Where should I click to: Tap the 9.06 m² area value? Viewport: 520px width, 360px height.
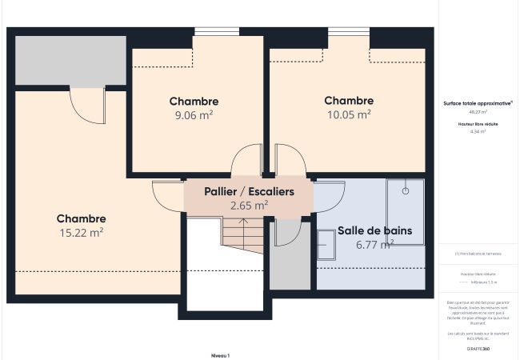(x=194, y=115)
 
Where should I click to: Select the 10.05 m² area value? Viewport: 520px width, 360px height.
(x=348, y=114)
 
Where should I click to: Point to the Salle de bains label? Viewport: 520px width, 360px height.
(x=374, y=230)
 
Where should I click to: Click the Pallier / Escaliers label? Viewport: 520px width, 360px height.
(x=249, y=192)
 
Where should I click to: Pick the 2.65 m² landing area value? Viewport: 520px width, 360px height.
(x=249, y=206)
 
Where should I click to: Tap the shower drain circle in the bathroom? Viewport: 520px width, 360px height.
(x=406, y=191)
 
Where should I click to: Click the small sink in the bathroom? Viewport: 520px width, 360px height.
(x=326, y=240)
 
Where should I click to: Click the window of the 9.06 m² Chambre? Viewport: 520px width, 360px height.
(x=216, y=32)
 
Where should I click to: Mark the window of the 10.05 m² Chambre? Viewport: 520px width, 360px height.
(x=348, y=32)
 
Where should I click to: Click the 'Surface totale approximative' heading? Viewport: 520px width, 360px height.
(x=478, y=103)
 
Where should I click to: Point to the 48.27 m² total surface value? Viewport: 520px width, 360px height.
(x=478, y=112)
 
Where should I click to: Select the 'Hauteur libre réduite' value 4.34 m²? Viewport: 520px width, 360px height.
(x=478, y=131)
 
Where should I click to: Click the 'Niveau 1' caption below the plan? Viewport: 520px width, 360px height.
(x=220, y=354)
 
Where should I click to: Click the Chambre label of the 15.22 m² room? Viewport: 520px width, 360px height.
(x=81, y=218)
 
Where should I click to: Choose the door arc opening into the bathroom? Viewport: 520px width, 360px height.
(x=329, y=190)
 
